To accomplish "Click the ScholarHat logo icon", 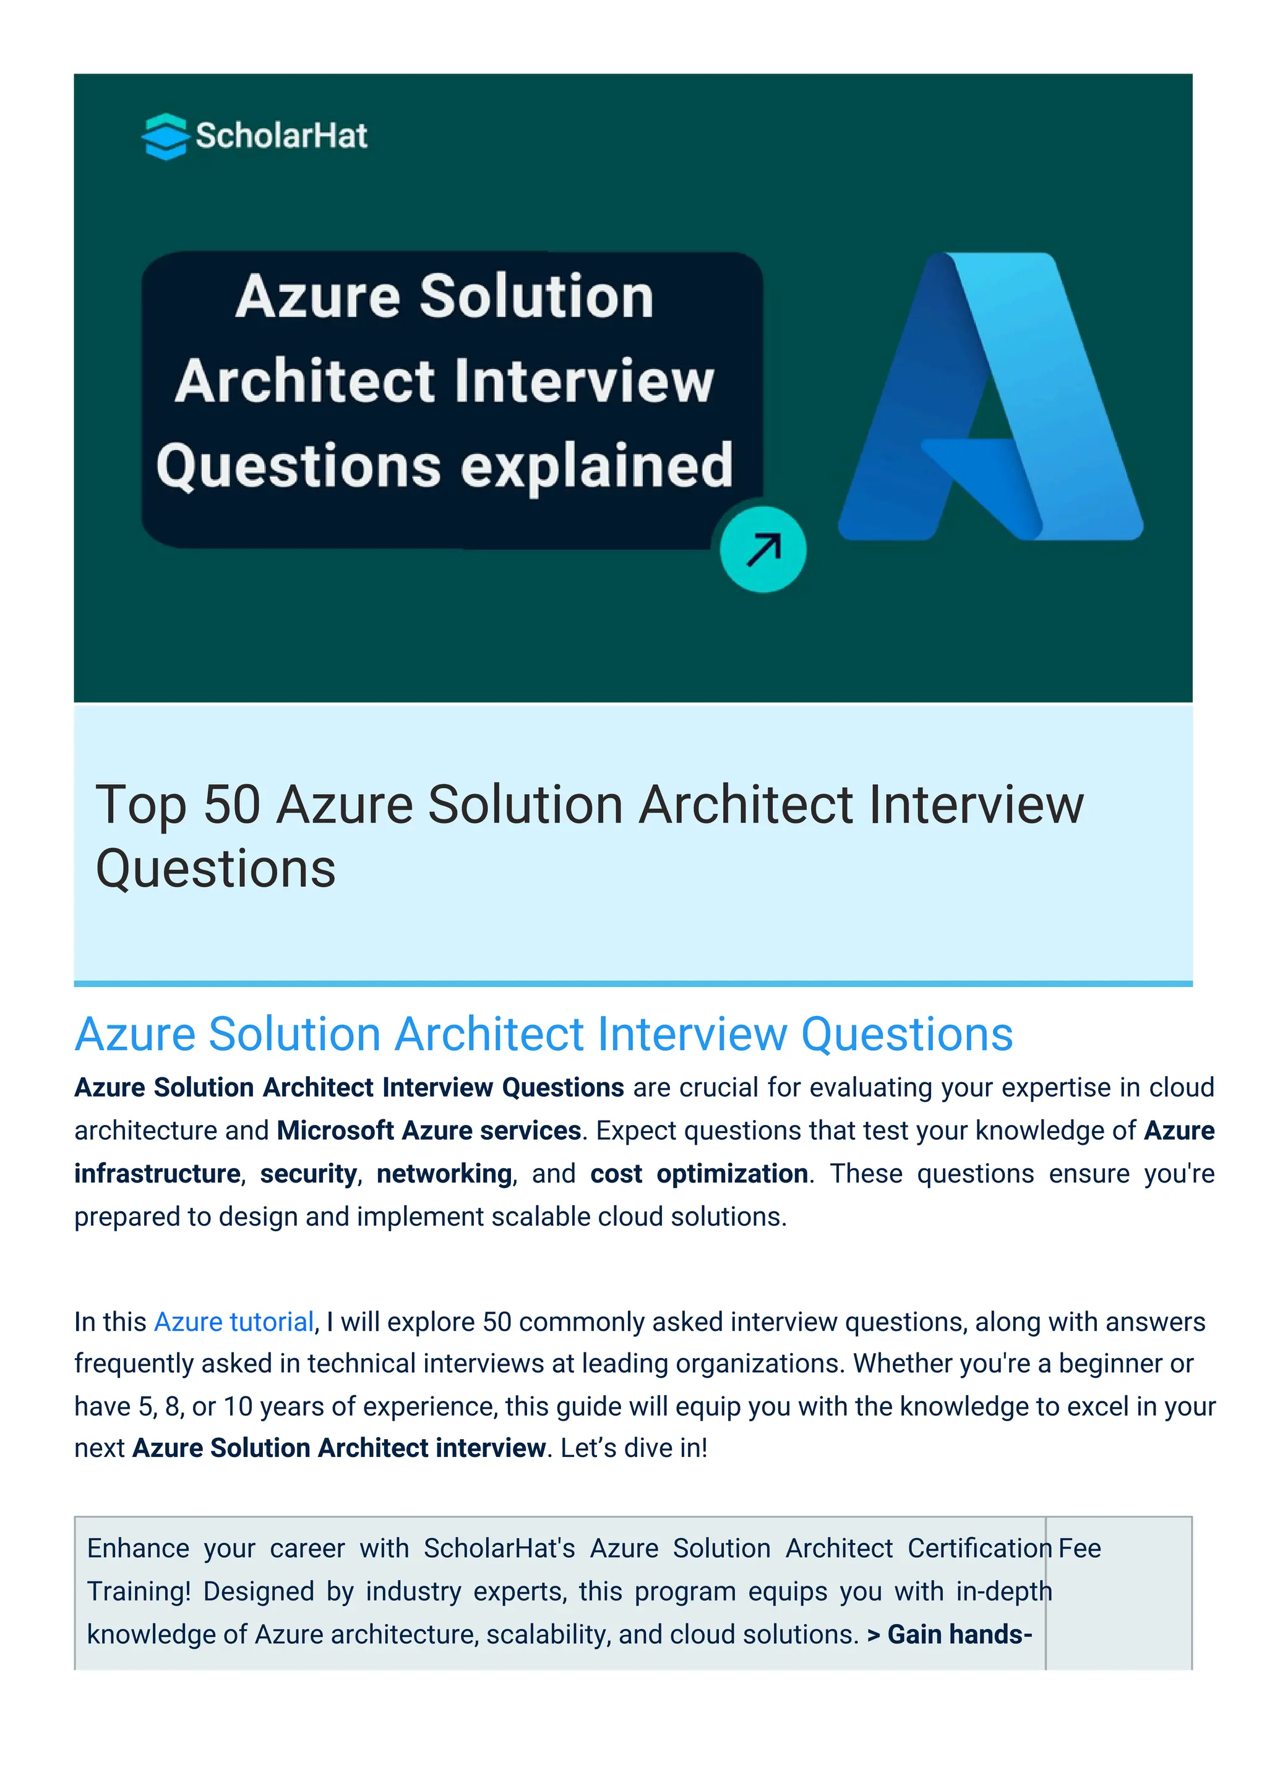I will click(165, 137).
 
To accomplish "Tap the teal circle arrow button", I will click(762, 550).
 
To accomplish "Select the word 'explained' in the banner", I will click(597, 466).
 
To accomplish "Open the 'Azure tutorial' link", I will click(233, 1322).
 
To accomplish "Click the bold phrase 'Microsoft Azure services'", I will click(428, 1131).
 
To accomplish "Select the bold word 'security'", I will click(308, 1174).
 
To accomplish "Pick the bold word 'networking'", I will click(444, 1174).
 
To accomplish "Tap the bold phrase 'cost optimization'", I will click(698, 1174).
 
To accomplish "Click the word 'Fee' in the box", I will click(1080, 1549).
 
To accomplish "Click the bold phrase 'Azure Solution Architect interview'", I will click(338, 1448).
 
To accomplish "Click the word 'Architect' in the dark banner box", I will click(305, 382).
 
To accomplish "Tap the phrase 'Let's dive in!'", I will click(633, 1448).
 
